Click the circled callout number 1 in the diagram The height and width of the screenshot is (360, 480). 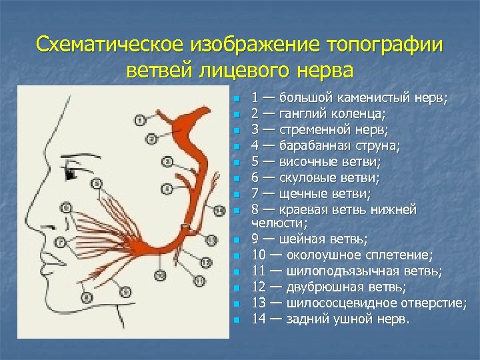[x=139, y=121]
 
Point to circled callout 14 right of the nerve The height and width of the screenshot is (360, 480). [x=219, y=211]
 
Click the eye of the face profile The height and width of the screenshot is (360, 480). [x=70, y=174]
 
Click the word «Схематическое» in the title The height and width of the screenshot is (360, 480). [x=111, y=46]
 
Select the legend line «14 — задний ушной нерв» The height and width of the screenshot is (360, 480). [x=331, y=319]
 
